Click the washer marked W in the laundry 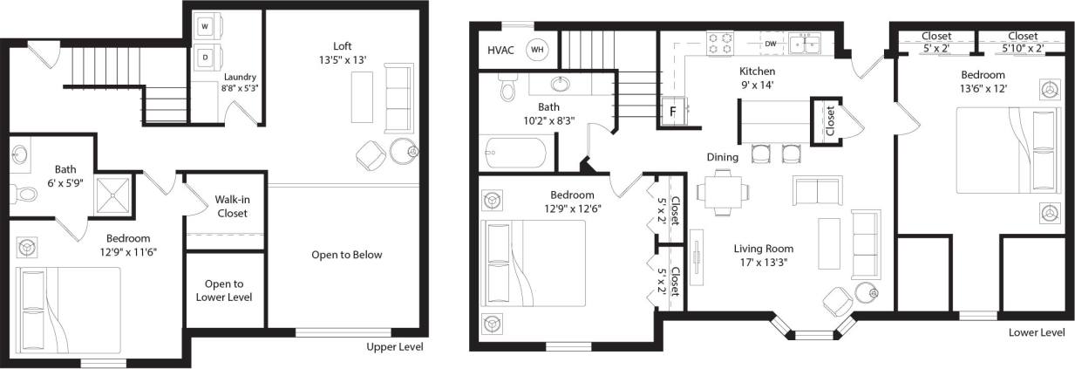(205, 27)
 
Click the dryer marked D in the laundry (205, 57)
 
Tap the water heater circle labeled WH (537, 50)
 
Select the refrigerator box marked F (673, 112)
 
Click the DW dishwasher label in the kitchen (771, 43)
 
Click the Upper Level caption (395, 347)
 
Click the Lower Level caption (1036, 333)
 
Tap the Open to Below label (346, 255)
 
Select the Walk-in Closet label (232, 206)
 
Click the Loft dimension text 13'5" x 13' (343, 60)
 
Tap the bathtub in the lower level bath (514, 155)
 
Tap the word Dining (723, 157)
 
